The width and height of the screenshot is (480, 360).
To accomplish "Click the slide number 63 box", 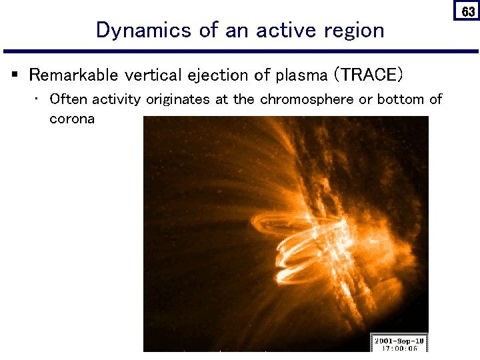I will (468, 11).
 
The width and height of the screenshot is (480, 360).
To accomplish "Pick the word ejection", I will (212, 75).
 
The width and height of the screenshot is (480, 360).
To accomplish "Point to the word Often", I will (69, 99).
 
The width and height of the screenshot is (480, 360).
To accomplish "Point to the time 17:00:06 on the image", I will (399, 347).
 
